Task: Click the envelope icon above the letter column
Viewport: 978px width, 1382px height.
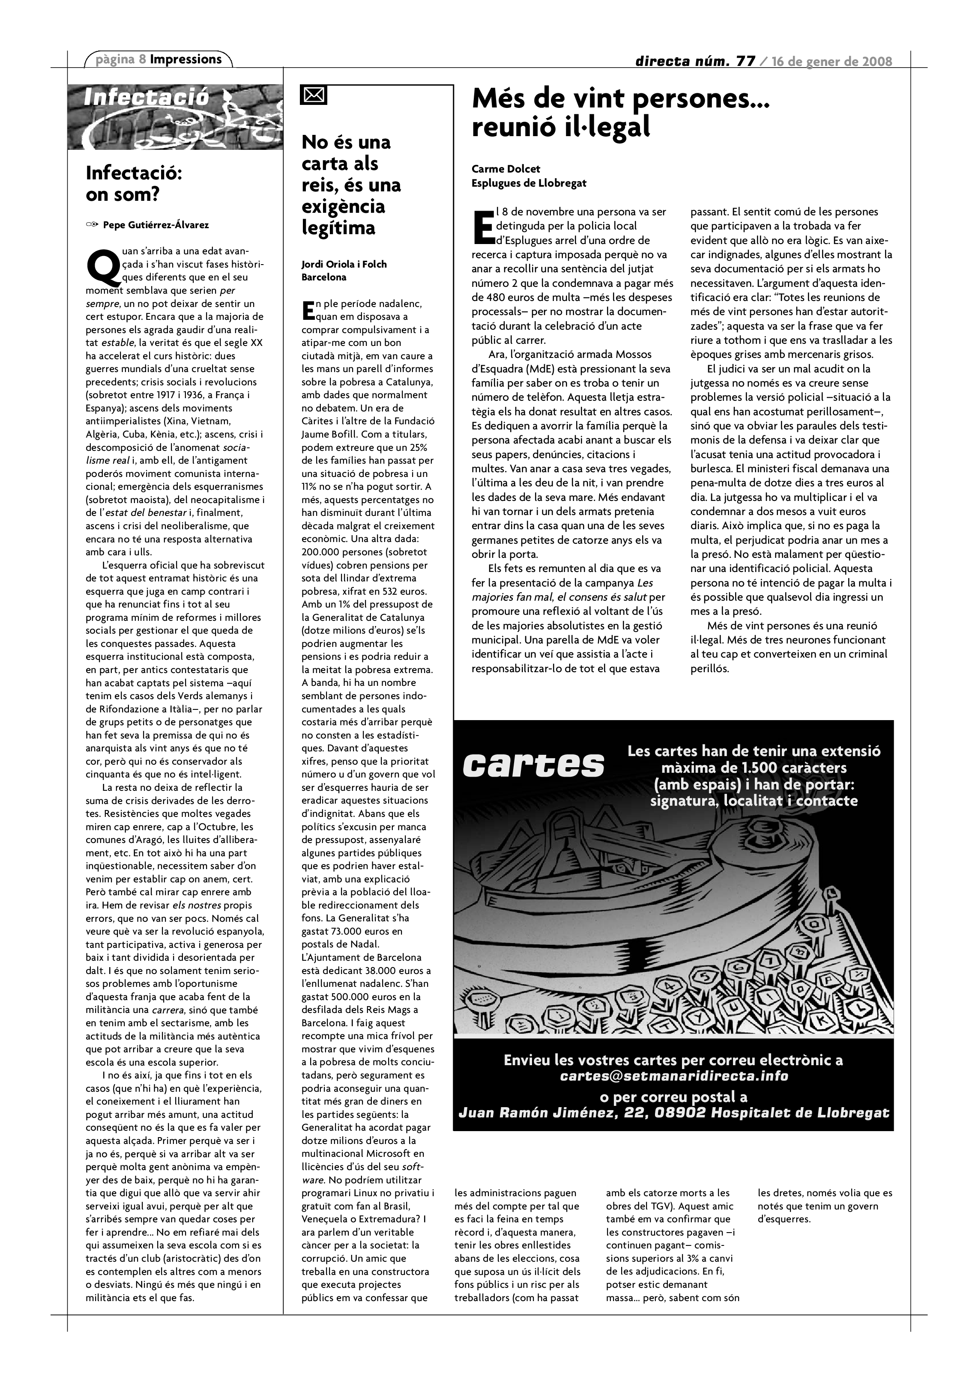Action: [313, 96]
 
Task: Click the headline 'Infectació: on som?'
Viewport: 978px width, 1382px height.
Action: [134, 184]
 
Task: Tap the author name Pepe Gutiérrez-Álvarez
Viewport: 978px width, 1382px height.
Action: [156, 225]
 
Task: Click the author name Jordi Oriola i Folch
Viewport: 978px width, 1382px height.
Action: [344, 264]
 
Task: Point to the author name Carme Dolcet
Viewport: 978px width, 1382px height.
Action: [506, 169]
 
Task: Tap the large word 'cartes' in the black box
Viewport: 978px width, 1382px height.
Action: [533, 765]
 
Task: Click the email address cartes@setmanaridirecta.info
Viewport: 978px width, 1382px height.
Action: [673, 1075]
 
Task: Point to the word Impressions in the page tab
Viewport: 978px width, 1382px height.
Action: [186, 59]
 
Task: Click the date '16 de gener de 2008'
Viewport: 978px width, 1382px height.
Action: [832, 61]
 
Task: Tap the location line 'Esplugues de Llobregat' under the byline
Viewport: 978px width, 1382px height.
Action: [529, 183]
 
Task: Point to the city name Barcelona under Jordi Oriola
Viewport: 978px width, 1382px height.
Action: [324, 277]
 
